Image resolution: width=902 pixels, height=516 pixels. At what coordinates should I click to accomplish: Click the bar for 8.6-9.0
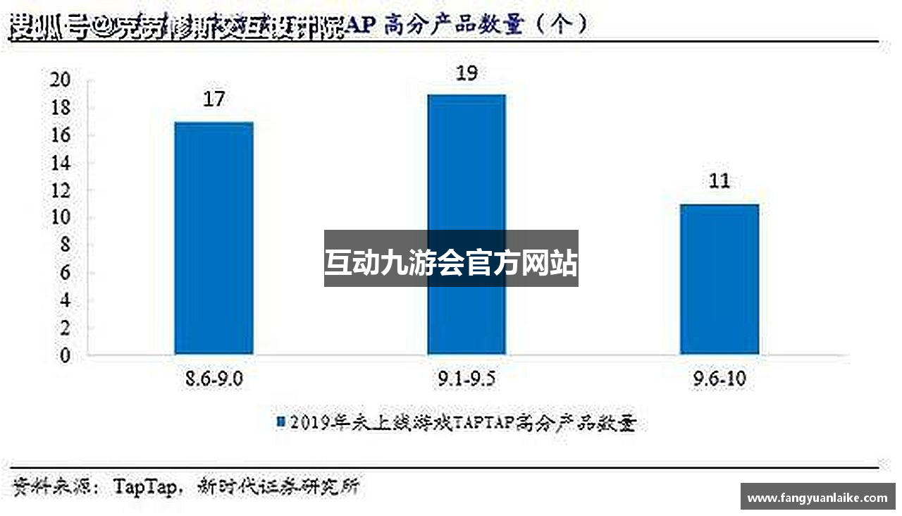pos(214,238)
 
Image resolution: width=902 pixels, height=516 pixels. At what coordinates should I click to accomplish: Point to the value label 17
pos(214,99)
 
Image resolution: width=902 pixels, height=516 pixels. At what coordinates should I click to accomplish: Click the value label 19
pos(467,73)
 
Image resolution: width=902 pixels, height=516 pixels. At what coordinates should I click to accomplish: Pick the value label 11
pos(719,181)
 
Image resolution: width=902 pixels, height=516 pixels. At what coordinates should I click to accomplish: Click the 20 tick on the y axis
pos(61,80)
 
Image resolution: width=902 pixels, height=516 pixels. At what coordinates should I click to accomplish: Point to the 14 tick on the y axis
pos(61,163)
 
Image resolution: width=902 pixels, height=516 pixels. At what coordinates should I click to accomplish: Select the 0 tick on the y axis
pos(65,355)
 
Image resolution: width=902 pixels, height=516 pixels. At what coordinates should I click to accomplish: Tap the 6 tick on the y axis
pos(65,273)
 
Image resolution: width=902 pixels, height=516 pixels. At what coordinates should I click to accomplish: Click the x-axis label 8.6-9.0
pos(214,380)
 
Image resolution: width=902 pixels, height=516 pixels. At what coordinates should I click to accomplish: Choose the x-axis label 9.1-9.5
pos(467,380)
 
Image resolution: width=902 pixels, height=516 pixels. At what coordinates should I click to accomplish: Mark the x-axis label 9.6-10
pos(719,380)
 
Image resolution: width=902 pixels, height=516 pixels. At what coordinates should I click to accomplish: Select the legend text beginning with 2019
pos(462,422)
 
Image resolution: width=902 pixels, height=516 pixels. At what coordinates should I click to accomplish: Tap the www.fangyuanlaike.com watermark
pos(817,498)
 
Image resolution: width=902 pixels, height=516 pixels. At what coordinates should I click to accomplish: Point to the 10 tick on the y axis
pos(61,218)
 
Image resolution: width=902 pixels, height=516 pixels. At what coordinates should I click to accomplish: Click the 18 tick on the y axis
pos(61,108)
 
